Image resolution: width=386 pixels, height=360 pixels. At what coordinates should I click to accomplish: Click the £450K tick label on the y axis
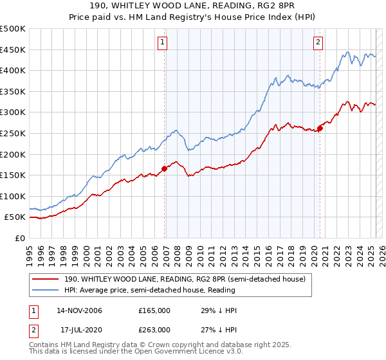(x=13, y=50)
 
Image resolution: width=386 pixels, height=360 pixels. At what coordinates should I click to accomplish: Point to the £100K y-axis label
(x=13, y=196)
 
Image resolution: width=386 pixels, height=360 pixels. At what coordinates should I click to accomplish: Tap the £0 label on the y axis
(x=20, y=238)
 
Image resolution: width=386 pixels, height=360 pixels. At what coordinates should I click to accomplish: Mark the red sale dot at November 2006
(x=164, y=168)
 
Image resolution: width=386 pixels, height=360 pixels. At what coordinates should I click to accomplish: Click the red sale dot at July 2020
(x=320, y=128)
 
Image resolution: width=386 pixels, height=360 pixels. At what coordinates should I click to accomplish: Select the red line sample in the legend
(x=46, y=278)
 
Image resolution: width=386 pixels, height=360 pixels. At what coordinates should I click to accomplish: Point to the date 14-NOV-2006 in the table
(x=79, y=310)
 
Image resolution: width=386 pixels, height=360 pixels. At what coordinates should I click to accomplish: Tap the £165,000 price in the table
(x=154, y=310)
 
